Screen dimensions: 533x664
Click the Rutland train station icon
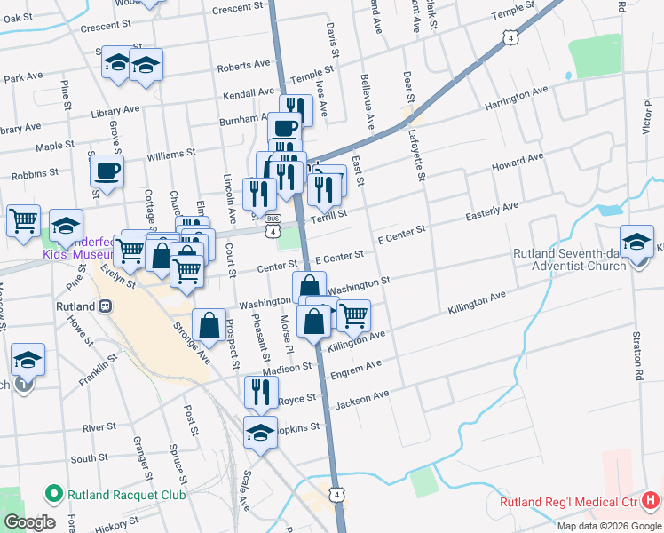click(x=105, y=306)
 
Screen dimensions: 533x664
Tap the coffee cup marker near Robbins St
click(x=107, y=171)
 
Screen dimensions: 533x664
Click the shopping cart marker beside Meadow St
click(x=23, y=219)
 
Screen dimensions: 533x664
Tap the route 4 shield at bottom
click(x=336, y=494)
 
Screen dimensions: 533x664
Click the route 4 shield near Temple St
click(x=509, y=37)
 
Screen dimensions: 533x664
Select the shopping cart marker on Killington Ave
click(x=353, y=314)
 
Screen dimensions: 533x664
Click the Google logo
click(x=28, y=522)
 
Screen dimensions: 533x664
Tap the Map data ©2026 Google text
click(x=608, y=525)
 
